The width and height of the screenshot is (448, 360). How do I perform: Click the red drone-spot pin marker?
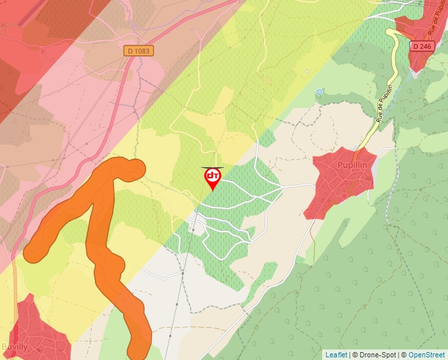click(x=212, y=178)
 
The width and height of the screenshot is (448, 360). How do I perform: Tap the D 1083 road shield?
click(x=138, y=50)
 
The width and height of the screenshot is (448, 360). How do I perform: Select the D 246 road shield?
click(x=423, y=46)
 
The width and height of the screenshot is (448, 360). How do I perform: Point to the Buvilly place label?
click(x=14, y=346)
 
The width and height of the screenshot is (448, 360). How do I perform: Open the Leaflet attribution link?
click(x=336, y=355)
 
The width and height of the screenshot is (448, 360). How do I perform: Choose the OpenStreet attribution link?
click(x=427, y=355)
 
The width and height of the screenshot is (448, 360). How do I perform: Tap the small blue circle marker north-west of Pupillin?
click(x=320, y=91)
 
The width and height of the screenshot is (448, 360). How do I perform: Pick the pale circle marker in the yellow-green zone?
click(x=306, y=71)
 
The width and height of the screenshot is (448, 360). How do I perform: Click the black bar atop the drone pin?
click(x=212, y=168)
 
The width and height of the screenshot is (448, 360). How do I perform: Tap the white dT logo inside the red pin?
click(x=212, y=176)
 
